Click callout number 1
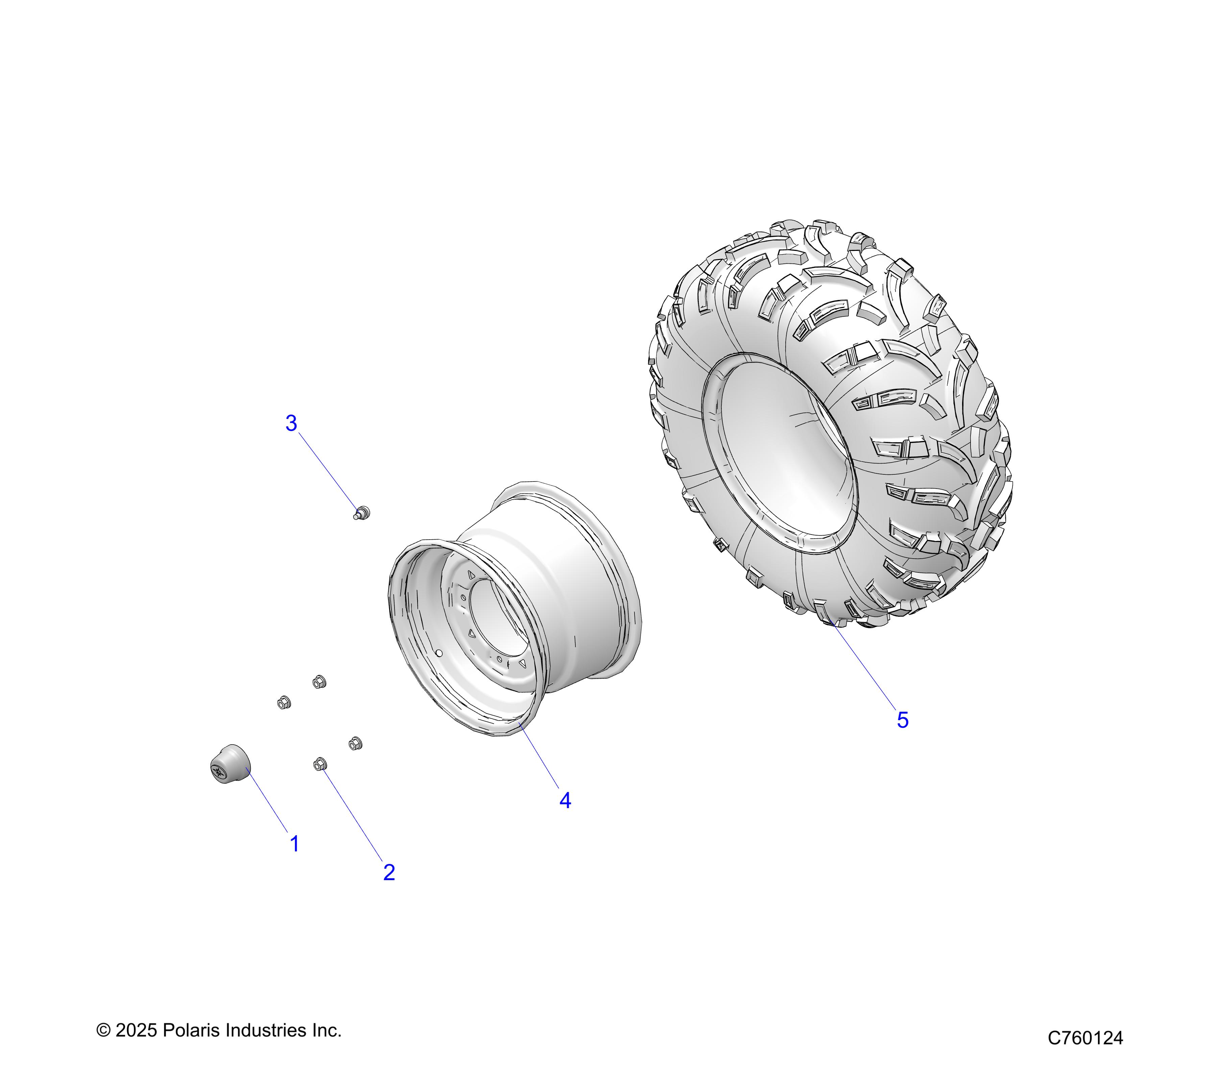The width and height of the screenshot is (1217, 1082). (294, 844)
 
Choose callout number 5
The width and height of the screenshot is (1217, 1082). (903, 720)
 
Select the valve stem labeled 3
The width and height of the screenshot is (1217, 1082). (361, 512)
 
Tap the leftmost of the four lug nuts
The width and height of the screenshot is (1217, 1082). (284, 703)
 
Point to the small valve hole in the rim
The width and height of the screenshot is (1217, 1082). (439, 654)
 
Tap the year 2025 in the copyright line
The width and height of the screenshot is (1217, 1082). (136, 1030)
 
